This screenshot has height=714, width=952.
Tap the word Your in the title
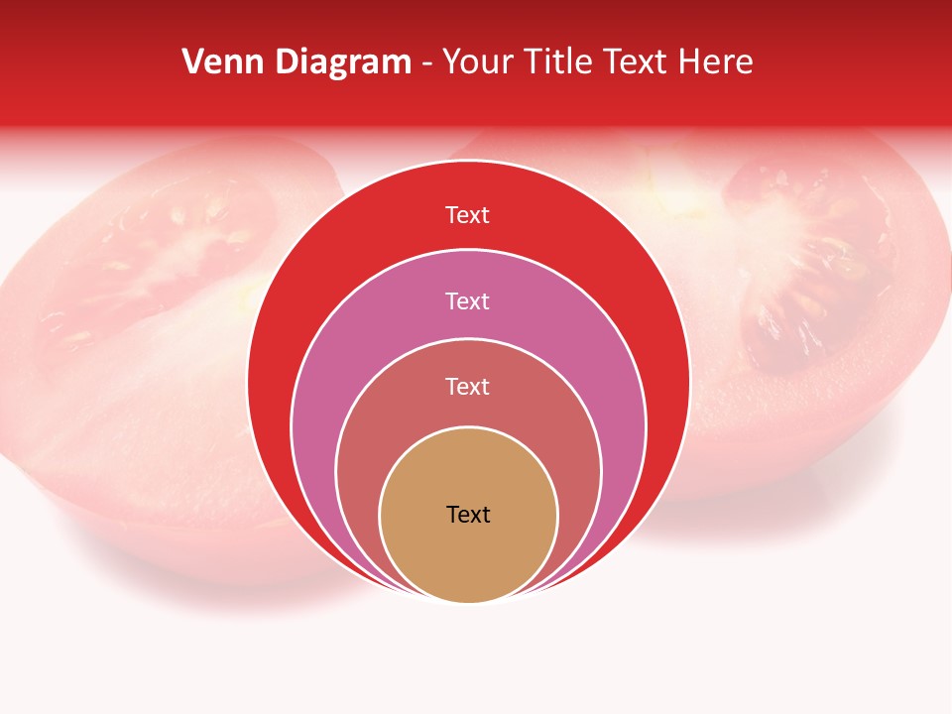pyautogui.click(x=473, y=62)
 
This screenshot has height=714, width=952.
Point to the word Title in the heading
pyautogui.click(x=556, y=62)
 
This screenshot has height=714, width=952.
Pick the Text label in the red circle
pyautogui.click(x=468, y=215)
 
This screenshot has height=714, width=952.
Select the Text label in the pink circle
pyautogui.click(x=468, y=300)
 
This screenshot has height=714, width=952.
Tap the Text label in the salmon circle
pyautogui.click(x=468, y=386)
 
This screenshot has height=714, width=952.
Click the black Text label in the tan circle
pyautogui.click(x=468, y=515)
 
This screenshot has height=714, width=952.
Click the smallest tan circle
pyautogui.click(x=468, y=555)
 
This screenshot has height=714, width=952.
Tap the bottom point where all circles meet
pyautogui.click(x=468, y=601)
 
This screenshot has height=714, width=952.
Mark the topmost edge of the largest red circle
pyautogui.click(x=468, y=161)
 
